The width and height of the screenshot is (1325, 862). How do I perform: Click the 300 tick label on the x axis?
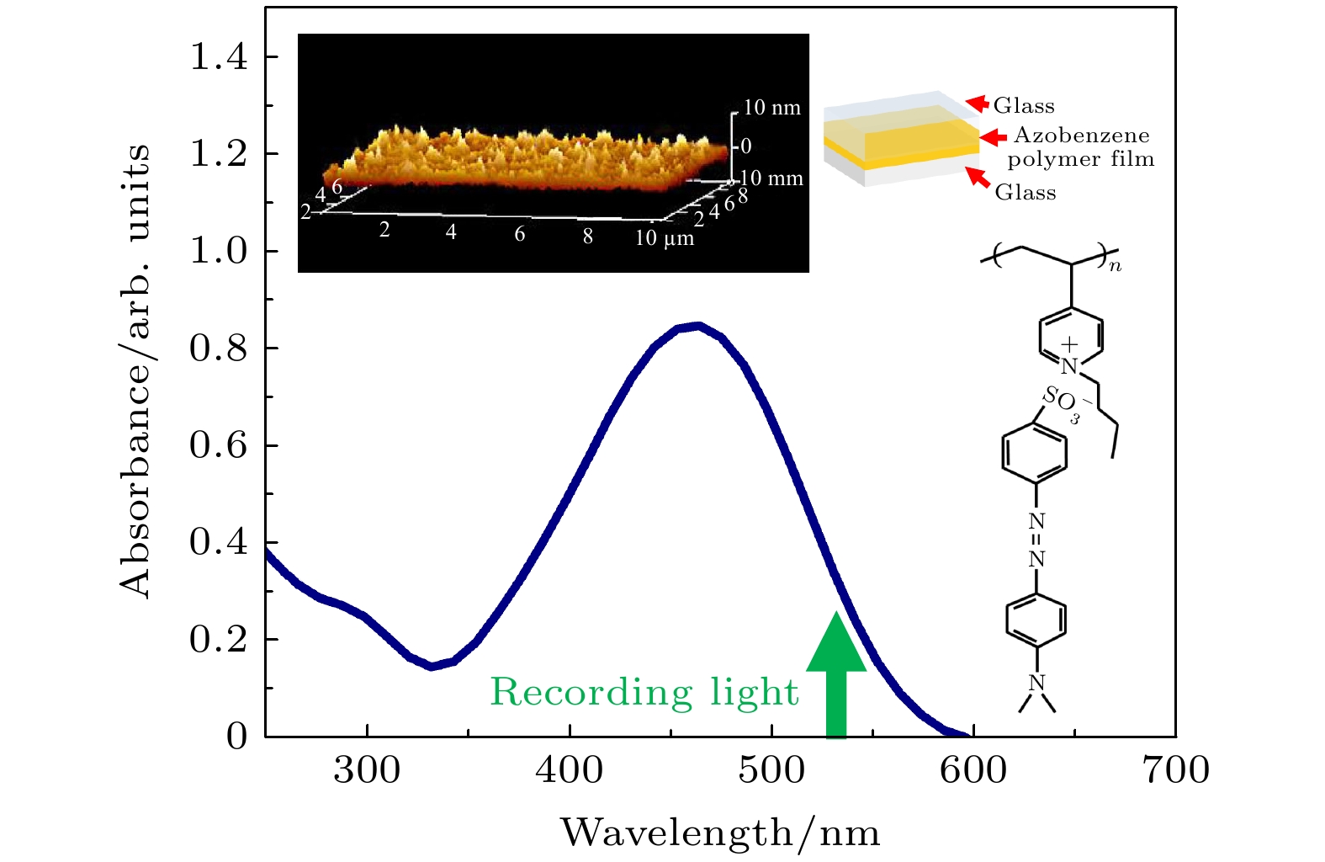click(x=367, y=770)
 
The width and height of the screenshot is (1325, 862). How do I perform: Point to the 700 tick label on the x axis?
click(x=1176, y=770)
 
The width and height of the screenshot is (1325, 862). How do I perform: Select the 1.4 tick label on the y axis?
click(x=219, y=57)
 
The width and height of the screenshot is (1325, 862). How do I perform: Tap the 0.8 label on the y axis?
click(x=219, y=349)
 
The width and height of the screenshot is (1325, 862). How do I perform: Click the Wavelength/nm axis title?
click(x=720, y=833)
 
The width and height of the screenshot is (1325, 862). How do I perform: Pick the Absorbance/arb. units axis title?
click(x=135, y=370)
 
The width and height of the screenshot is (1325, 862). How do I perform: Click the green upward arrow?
click(x=836, y=673)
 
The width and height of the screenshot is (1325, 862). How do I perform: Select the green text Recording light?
click(x=644, y=692)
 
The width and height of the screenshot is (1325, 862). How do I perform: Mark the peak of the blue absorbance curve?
click(x=697, y=326)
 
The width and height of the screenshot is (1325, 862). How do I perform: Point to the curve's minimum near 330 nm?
click(x=432, y=666)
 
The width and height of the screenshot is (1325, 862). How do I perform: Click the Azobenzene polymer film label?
click(x=1081, y=147)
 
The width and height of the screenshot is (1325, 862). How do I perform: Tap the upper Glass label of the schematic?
click(x=1024, y=106)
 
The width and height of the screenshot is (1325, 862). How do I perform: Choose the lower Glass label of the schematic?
click(x=1026, y=193)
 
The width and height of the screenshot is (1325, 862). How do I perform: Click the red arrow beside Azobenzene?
click(x=994, y=137)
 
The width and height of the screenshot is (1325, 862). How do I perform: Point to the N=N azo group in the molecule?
click(x=1036, y=540)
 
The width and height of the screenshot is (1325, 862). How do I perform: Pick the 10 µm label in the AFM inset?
click(x=665, y=238)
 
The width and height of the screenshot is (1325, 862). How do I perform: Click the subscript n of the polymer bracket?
click(x=1116, y=266)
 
